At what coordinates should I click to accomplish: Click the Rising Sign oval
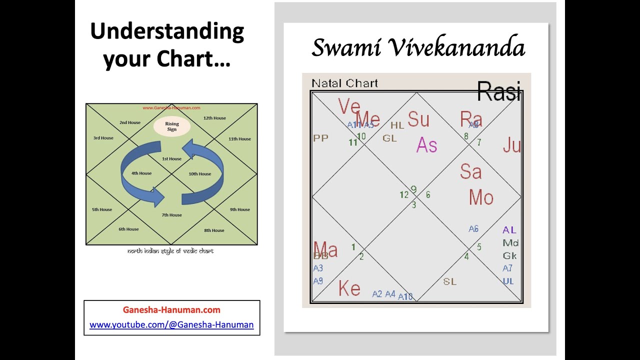point(171,127)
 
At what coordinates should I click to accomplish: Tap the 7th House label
point(171,215)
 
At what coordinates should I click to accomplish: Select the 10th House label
point(200,174)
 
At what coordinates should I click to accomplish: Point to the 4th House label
point(141,173)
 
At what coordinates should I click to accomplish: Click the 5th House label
point(102,209)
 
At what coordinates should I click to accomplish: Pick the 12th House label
point(215,118)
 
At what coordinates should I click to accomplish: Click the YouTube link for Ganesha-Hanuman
point(171,324)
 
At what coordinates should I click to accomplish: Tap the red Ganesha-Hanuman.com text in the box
point(171,310)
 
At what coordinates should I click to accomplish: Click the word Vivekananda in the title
point(455,48)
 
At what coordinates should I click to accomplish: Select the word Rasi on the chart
point(499,91)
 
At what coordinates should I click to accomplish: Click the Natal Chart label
point(344,83)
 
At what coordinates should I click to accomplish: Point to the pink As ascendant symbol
point(426,145)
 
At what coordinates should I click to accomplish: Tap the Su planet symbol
point(418,119)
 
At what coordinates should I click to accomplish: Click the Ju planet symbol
point(512,145)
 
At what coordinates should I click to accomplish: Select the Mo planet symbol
point(481,198)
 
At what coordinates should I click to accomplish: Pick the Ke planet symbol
point(349,288)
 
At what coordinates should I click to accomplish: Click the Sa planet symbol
point(470,172)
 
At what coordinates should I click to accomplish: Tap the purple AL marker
point(509,230)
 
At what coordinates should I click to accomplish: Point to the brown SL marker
point(449,281)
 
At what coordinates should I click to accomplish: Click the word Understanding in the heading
point(167,31)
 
